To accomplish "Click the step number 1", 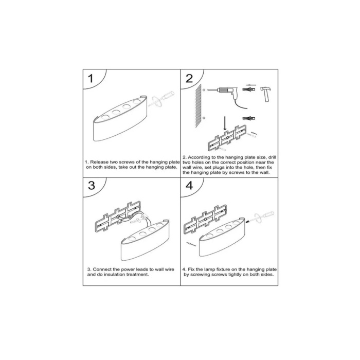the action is coord(91,79).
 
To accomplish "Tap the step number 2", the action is coord(189,79).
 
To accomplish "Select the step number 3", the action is coord(92,186).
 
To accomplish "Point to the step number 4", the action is coord(189,186).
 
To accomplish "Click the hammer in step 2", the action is coord(266,94).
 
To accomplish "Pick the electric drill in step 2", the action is coord(227,96).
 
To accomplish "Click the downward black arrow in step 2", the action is coord(225,124).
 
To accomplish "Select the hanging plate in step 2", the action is coord(227,138).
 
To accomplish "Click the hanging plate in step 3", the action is coord(118,216).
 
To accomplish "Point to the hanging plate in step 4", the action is coord(205,219).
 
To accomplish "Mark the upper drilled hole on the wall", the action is coord(204,90).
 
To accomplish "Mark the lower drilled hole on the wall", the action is coord(204,118).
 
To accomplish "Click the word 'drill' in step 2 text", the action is coord(272,157).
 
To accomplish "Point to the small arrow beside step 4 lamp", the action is coord(191,244).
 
